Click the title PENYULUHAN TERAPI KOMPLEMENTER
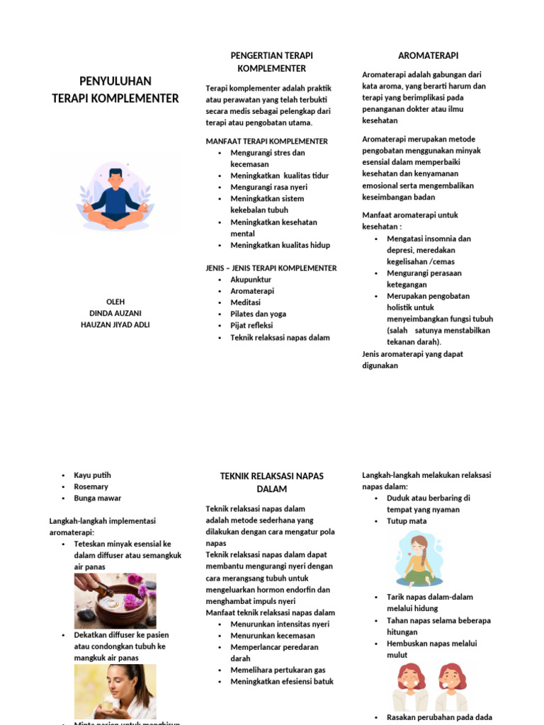115,89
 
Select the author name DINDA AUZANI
115,313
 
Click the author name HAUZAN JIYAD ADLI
115,325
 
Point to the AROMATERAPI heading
423,55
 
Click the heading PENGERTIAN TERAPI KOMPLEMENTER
272,62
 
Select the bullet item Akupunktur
251,280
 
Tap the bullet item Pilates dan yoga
258,314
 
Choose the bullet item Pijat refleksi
251,326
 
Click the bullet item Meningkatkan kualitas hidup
280,245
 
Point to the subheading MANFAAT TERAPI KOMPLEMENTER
266,142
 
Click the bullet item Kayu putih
92,475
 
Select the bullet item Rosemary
91,486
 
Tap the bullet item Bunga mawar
97,498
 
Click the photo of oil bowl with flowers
115,600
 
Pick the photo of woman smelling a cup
115,691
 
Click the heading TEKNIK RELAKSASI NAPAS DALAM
272,482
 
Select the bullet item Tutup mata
406,521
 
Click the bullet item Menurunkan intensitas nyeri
280,624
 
